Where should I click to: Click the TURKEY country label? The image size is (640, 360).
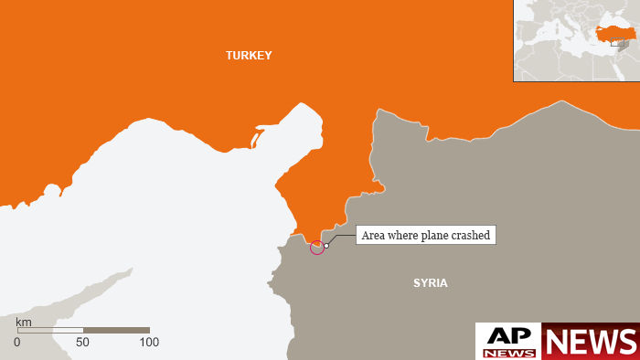coord(249,56)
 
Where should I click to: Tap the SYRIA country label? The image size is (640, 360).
coord(431,283)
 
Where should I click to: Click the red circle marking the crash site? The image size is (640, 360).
coord(317,247)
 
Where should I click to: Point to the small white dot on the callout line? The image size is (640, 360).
coord(326,245)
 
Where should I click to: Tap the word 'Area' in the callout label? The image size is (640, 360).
coord(373,236)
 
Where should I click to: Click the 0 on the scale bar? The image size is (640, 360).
coord(16,343)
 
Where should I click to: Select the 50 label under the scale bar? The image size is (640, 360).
coord(83,343)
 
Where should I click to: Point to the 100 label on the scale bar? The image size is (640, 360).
coord(148,343)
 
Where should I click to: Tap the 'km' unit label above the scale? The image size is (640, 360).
coord(24,323)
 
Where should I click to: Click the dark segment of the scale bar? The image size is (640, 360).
coord(116,330)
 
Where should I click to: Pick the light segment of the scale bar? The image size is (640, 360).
coord(50,330)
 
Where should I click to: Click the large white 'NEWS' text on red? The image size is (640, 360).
coord(591,341)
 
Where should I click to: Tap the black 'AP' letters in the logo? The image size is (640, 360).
coord(508,336)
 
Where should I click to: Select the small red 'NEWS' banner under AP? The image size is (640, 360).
coord(508,353)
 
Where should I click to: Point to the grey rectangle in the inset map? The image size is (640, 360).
coord(621,43)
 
